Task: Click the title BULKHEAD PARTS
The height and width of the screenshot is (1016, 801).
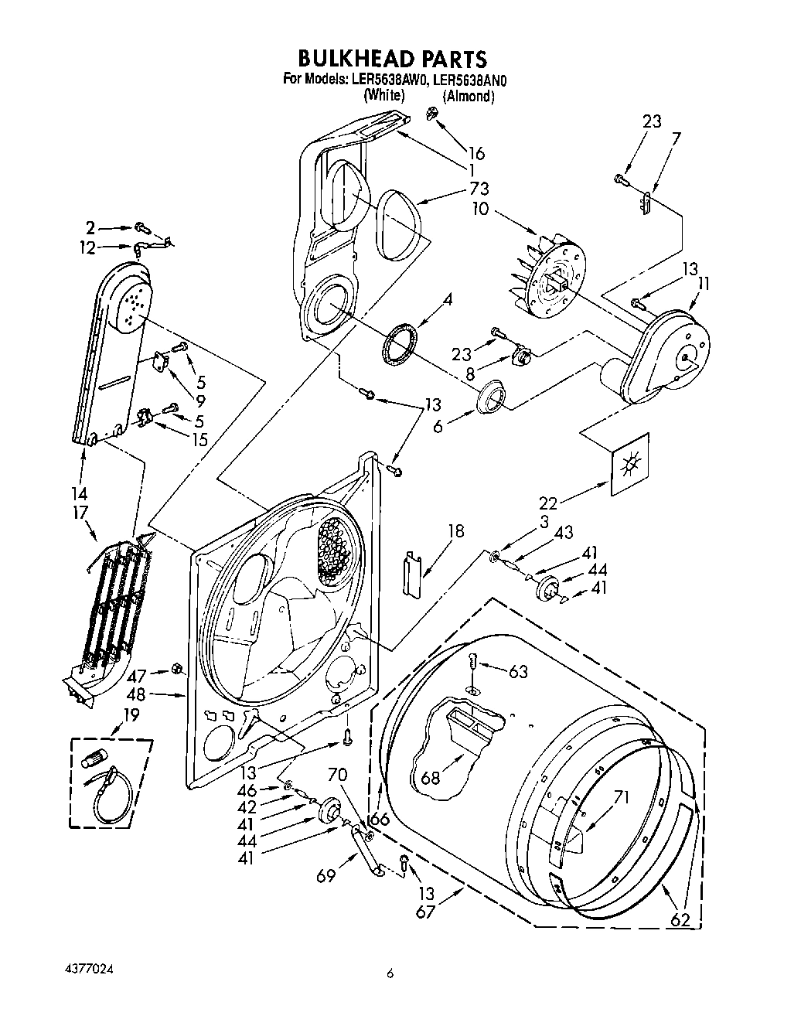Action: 393,59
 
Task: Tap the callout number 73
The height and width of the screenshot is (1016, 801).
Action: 479,189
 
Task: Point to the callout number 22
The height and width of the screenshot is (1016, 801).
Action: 571,501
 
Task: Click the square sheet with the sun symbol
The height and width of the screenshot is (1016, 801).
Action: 629,464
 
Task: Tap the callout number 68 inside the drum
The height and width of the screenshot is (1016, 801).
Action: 431,777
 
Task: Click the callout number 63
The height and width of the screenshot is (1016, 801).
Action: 518,671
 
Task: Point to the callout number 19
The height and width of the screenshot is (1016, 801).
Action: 131,714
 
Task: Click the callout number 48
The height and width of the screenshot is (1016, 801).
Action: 137,694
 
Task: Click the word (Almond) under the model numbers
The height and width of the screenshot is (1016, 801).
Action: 468,96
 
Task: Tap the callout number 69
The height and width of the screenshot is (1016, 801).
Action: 325,875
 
